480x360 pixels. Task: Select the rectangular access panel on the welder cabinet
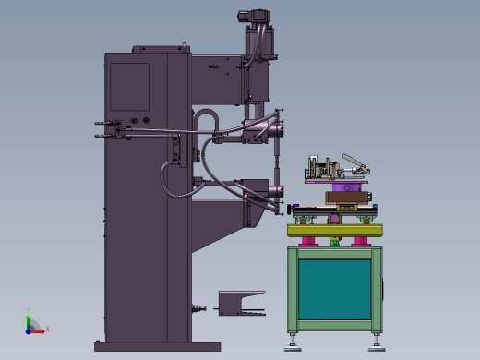coord(129,86)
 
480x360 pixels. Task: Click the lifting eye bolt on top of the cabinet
coord(184,45)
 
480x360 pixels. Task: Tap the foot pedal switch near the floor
coord(239,304)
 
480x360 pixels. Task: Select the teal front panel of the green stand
coord(334,288)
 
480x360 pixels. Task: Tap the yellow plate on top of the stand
coord(334,231)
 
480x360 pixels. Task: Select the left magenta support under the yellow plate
coord(308,242)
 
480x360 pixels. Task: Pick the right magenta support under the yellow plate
coord(360,242)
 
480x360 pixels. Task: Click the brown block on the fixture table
coord(345,196)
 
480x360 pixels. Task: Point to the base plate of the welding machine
coord(157,347)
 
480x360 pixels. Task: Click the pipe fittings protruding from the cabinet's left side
coord(108,130)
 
